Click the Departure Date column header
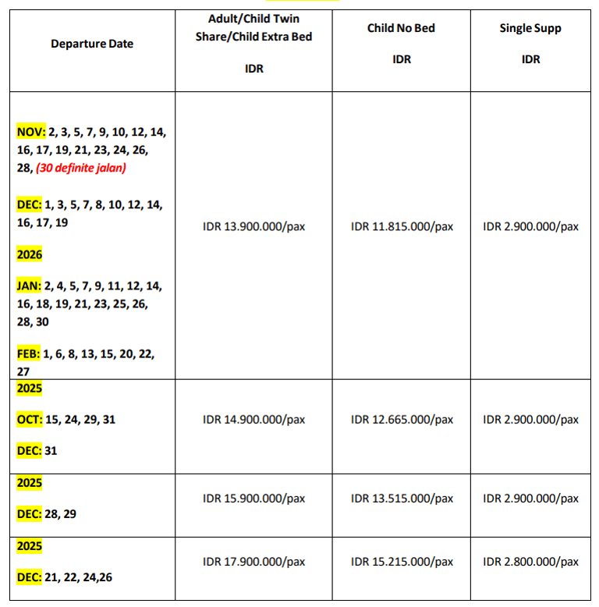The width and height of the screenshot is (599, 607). [x=92, y=44]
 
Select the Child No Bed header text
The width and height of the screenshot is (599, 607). [x=401, y=28]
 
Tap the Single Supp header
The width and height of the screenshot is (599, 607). [x=530, y=28]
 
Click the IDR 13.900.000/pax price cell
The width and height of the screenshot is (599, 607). [x=253, y=227]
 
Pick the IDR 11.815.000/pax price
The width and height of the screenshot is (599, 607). [x=402, y=227]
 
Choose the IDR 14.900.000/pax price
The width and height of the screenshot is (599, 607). [x=253, y=420]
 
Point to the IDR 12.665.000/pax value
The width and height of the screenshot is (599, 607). [x=402, y=420]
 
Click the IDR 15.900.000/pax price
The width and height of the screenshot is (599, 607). [x=253, y=499]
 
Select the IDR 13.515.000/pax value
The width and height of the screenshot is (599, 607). [x=402, y=499]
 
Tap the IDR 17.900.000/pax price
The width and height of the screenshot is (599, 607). [x=253, y=562]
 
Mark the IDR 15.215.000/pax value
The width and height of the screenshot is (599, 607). [x=402, y=562]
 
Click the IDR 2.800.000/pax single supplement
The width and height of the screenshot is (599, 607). [x=530, y=562]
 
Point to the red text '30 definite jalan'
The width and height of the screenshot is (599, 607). [x=81, y=168]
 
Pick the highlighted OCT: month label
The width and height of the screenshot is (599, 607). [x=30, y=420]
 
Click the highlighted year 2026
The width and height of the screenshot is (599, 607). [x=30, y=254]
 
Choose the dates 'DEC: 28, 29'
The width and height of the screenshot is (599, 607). [x=47, y=514]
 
